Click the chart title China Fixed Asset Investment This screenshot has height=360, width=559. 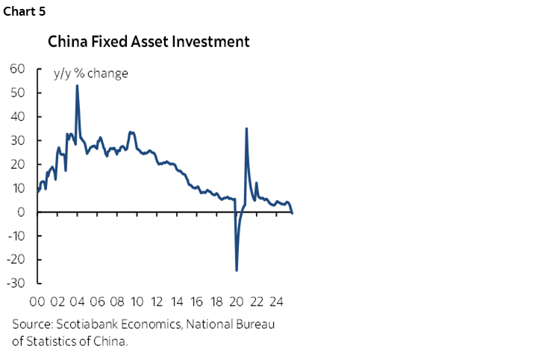(x=149, y=42)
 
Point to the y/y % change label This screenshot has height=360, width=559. (x=90, y=73)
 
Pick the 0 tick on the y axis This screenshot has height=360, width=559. (x=22, y=212)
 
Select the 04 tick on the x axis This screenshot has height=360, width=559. (x=77, y=303)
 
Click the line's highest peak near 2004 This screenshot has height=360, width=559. (x=77, y=86)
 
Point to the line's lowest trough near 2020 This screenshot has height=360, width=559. (x=237, y=270)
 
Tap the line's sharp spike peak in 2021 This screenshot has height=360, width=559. (x=246, y=129)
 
